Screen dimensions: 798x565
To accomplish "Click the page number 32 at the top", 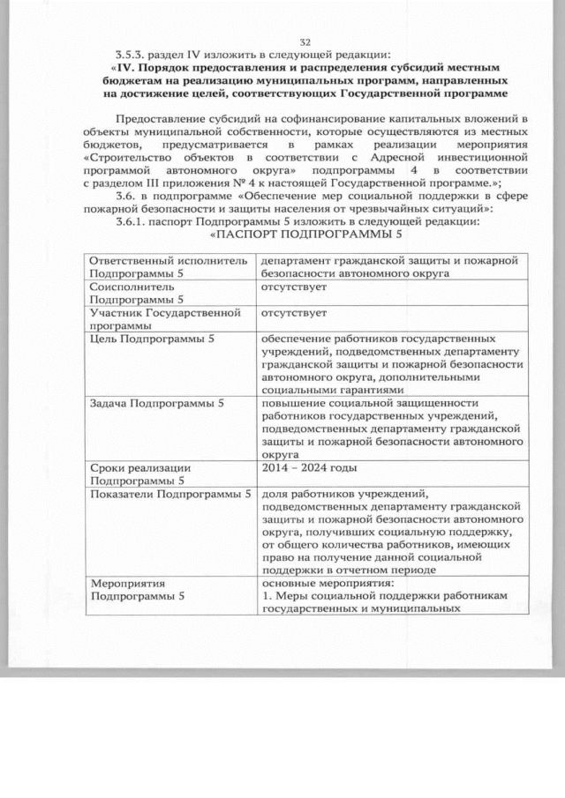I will coord(305,42).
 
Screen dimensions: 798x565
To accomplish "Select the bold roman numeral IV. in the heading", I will coord(126,67).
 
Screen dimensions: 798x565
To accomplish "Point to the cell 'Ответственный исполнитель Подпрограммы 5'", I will coord(168,266).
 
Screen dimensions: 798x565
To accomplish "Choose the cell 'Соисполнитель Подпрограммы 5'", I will coord(168,294).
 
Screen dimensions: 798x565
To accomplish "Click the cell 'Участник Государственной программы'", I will coord(168,318).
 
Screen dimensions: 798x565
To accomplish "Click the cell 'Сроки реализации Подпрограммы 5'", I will coord(168,474).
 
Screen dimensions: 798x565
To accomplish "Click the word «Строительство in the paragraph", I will coord(126,154).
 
